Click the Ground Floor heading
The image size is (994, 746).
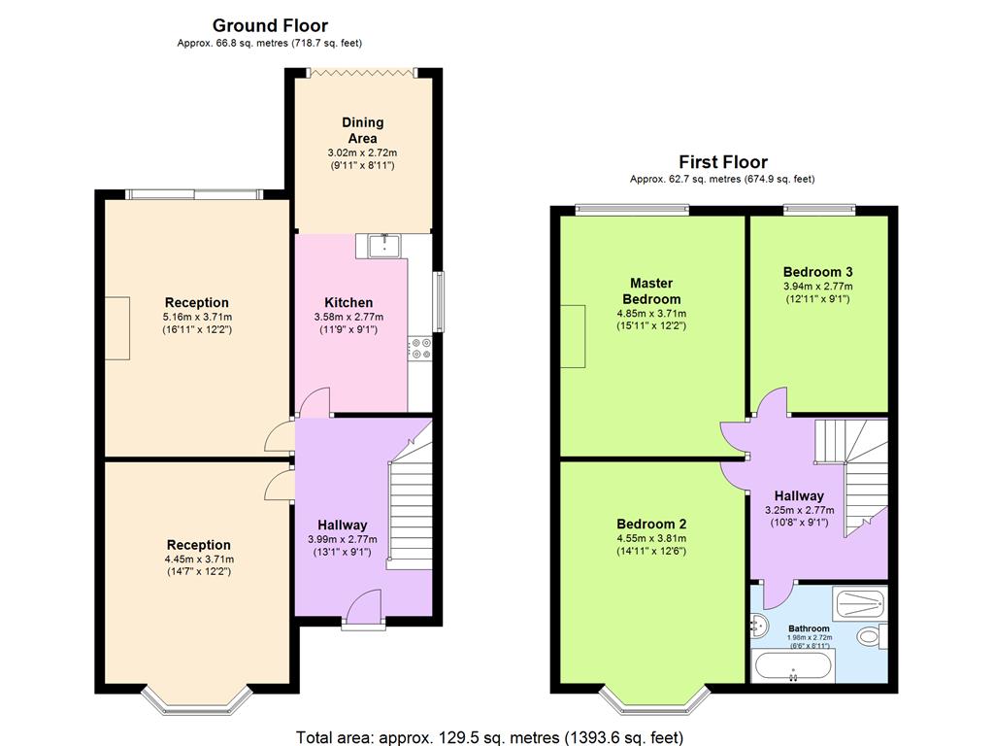270,26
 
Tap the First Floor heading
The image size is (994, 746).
722,162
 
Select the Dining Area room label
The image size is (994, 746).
363,130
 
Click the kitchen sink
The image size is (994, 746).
384,246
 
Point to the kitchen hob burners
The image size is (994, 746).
420,349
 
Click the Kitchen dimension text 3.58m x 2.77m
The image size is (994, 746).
348,317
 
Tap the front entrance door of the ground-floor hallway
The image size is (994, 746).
364,608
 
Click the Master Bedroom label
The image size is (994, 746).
651,291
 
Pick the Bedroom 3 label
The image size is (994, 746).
817,272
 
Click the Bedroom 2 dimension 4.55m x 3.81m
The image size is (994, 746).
651,538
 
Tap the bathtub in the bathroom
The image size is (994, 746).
792,666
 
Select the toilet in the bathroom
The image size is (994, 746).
872,635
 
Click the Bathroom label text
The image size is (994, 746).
809,628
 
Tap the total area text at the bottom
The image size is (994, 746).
489,737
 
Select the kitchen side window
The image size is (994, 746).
438,301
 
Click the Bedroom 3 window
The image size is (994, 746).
819,209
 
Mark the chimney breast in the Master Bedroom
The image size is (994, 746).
573,336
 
